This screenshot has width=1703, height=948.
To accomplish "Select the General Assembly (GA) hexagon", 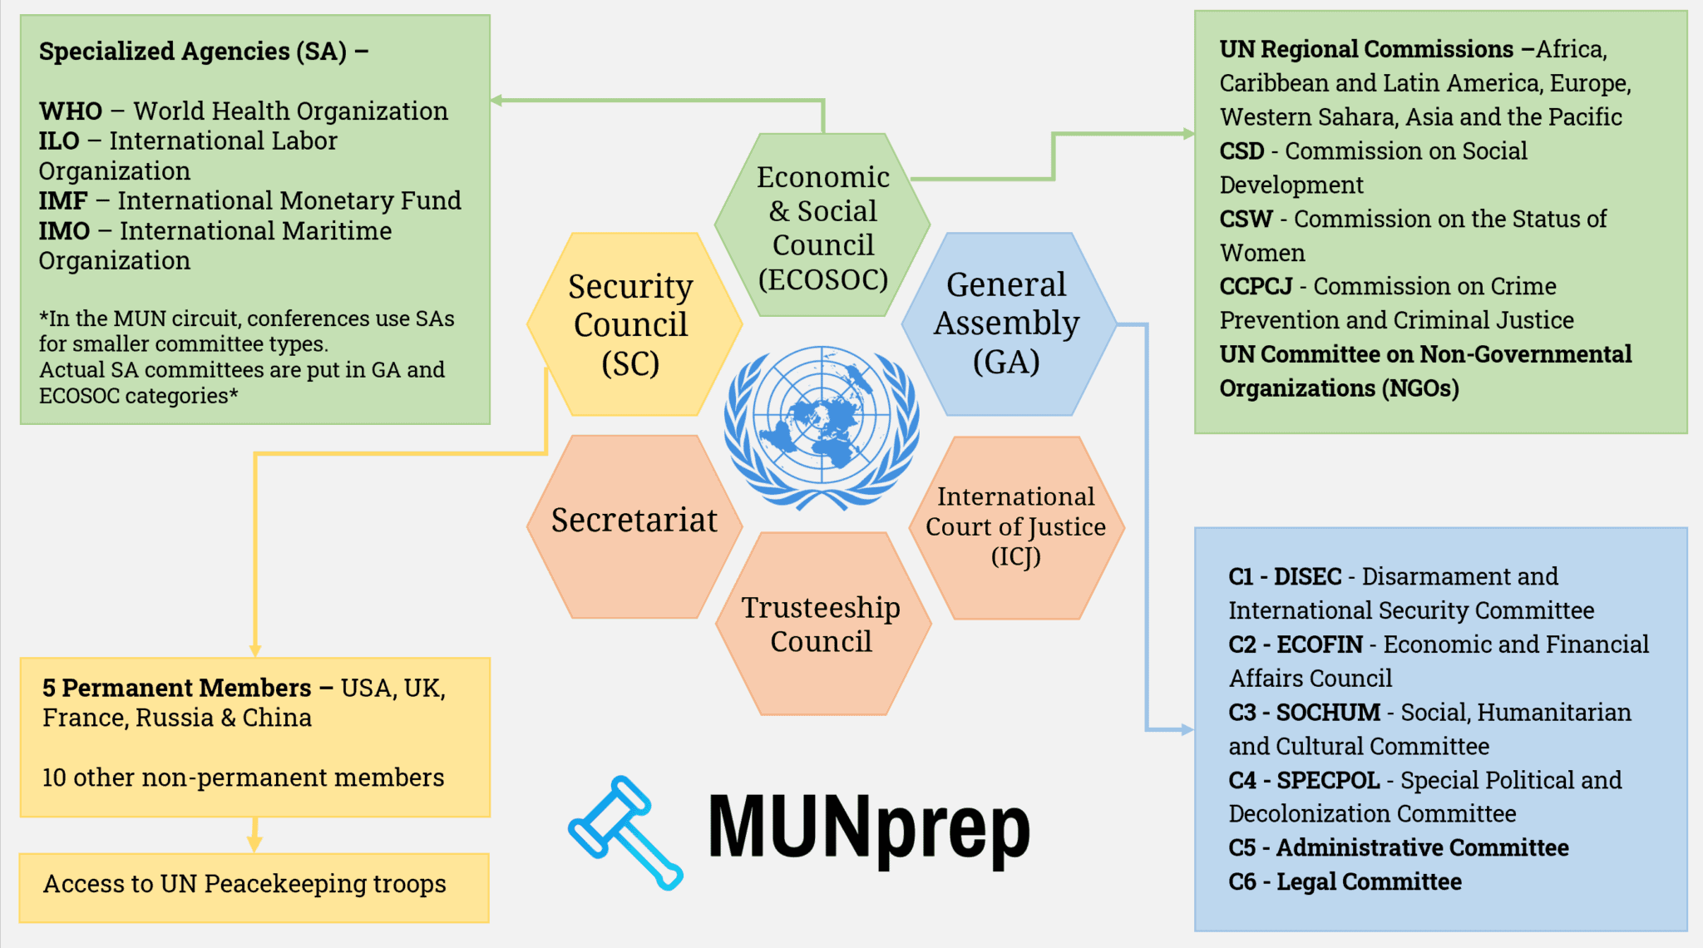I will coord(1008,323).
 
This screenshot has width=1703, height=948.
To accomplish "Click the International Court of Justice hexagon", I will coord(1016,527).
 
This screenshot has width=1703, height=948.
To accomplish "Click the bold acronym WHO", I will coord(71,111).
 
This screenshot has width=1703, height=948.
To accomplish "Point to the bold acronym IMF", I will coord(63,201).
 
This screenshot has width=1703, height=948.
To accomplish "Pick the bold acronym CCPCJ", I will coord(1256,287).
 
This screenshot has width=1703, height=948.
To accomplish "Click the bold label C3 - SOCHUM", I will coord(1304,713).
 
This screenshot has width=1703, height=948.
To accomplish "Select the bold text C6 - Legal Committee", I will coord(1345,882).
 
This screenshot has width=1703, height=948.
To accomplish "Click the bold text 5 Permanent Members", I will coord(176,689).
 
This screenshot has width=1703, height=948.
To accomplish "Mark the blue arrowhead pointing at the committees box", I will coord(1187,730).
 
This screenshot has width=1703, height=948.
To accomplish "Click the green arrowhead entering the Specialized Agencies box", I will coord(497,101).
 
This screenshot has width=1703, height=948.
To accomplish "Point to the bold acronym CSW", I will coord(1246,220).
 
